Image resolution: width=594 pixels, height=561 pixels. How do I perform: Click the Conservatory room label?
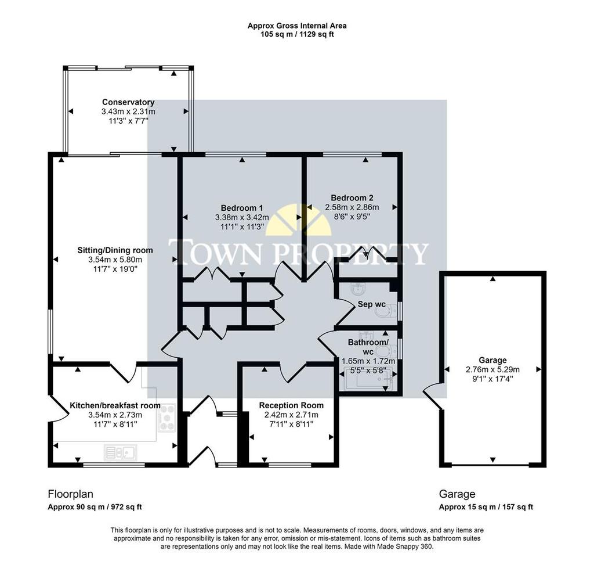(128, 102)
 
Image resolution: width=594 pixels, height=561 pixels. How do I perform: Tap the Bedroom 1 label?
(242, 208)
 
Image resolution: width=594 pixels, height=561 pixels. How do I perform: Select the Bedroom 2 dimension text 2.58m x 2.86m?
(352, 207)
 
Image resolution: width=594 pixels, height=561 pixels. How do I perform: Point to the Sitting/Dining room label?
(115, 250)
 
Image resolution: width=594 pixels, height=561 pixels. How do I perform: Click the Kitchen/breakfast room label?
(115, 405)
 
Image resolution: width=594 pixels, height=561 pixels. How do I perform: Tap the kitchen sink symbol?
(121, 453)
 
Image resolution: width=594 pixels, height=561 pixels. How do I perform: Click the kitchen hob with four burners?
(166, 418)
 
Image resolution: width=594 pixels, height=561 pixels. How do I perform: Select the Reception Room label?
(291, 405)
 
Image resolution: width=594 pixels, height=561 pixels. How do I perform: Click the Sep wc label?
(372, 304)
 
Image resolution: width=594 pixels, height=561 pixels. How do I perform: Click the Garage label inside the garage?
(492, 360)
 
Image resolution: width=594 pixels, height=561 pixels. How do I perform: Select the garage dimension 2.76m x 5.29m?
(492, 369)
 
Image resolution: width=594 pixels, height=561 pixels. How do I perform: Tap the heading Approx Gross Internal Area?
(297, 26)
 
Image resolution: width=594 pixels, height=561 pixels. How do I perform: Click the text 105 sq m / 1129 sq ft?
(297, 34)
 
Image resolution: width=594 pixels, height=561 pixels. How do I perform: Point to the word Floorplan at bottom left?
(70, 494)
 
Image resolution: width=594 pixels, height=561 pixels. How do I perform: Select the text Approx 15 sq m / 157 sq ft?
(486, 507)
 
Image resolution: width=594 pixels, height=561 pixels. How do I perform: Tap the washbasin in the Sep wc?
(358, 289)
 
